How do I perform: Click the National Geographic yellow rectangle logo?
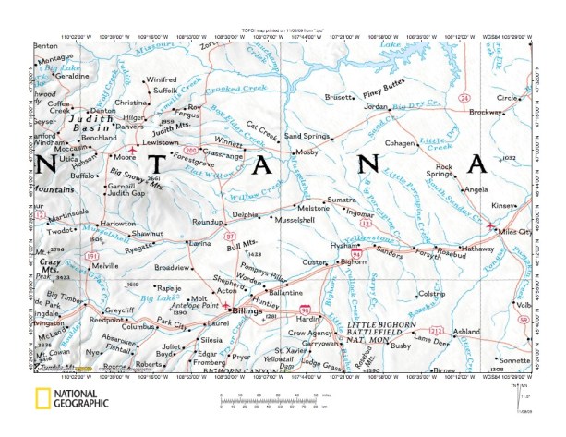point(43,400)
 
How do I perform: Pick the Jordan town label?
point(376,107)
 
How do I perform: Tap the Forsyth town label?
point(427,254)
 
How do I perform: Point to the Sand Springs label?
point(307,136)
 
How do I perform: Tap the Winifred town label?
point(161,79)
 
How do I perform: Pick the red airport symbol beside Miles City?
point(488,225)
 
